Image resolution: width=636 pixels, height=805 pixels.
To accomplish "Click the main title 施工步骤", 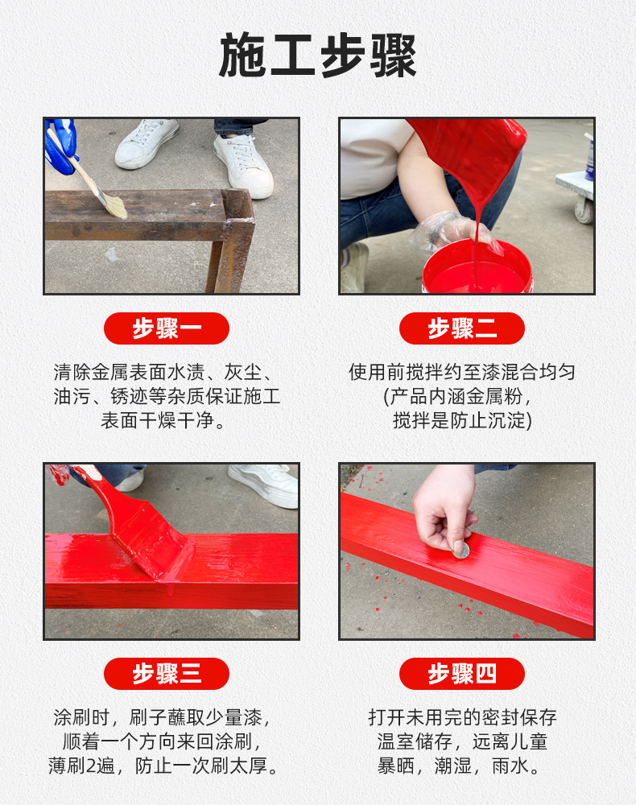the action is [x=318, y=56].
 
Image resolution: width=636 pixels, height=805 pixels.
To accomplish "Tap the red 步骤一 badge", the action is [x=167, y=328].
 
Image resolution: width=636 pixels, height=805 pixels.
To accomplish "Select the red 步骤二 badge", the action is [x=462, y=328].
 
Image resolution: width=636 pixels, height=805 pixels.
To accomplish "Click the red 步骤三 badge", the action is [x=167, y=674].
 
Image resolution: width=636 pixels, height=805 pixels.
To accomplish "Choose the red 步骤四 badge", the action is [x=462, y=674].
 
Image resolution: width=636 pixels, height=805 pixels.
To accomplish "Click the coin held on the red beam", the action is [x=461, y=551].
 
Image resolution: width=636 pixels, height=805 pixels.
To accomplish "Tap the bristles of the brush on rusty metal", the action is [x=116, y=207].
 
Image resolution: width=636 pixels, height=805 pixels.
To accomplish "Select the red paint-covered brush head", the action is [x=154, y=546].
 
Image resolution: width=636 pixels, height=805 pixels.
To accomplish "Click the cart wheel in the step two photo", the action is [x=584, y=210].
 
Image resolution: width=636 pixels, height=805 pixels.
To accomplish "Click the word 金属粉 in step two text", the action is [x=494, y=396].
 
